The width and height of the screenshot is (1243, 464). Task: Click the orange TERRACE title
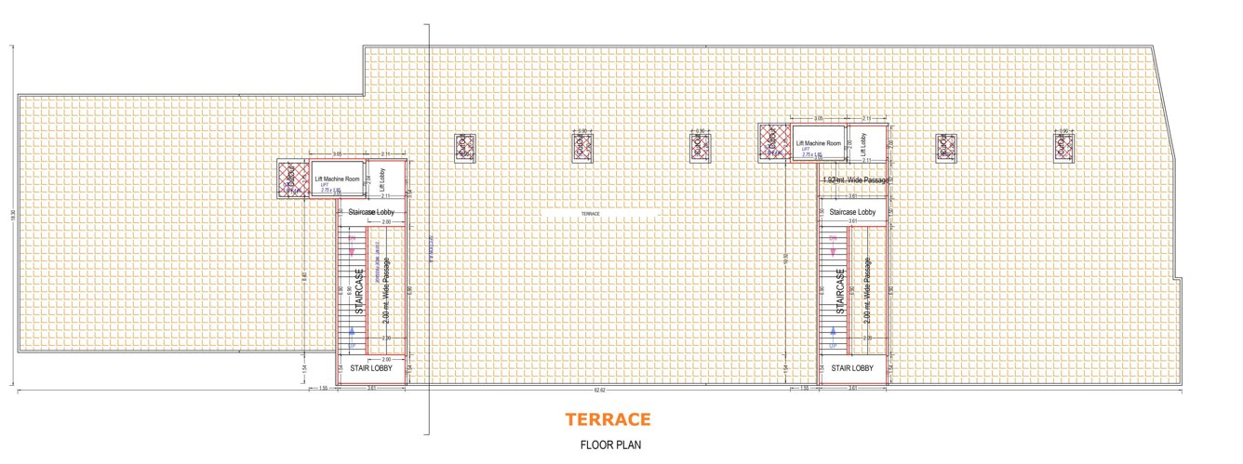(608, 419)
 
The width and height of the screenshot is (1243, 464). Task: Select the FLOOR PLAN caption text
(610, 444)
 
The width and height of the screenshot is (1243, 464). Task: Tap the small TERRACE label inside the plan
(590, 214)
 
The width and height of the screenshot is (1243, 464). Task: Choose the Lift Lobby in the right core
(863, 143)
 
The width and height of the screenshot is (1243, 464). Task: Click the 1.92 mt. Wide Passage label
(856, 179)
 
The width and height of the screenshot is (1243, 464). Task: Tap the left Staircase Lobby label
(371, 213)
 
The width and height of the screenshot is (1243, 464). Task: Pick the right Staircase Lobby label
(852, 213)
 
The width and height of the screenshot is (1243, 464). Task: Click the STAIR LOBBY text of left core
(370, 368)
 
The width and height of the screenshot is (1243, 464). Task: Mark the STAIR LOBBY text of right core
(852, 368)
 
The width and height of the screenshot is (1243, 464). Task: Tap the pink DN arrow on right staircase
(834, 249)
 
